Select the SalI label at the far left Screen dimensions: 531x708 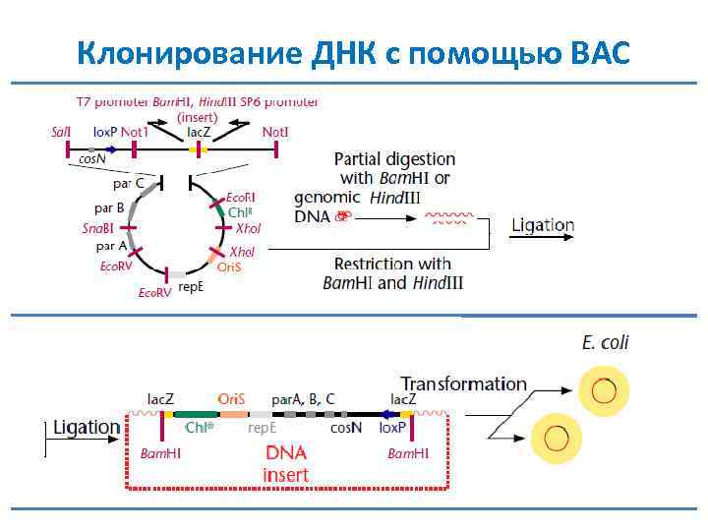click(61, 131)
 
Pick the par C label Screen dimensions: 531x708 click(127, 183)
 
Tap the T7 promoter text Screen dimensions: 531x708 click(113, 101)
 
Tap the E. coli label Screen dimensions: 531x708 click(605, 343)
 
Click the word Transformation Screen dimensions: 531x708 click(463, 383)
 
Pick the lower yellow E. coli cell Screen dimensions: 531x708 click(556, 437)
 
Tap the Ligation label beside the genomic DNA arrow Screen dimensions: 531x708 click(542, 225)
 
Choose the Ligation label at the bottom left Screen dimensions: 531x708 click(87, 428)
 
